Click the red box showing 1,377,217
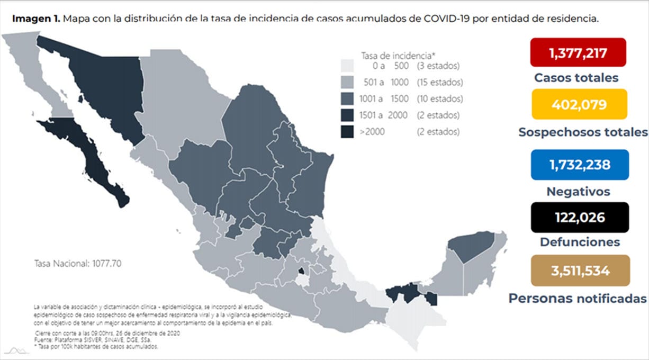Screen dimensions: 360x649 pos(578,52)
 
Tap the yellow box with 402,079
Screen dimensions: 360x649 pos(579,104)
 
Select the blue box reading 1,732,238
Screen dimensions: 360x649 pos(579,165)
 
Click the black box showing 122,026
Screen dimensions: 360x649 pos(579,217)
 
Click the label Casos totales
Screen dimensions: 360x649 pos(576,78)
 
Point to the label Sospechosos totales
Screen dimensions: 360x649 pos(583,132)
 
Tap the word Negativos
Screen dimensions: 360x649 pos(578,192)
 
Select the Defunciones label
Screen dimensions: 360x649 pos(580,242)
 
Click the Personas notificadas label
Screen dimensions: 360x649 pos(578,298)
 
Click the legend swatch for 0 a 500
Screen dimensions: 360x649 pos(347,66)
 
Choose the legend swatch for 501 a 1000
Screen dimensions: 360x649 pos(347,83)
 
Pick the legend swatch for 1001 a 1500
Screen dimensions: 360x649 pos(347,99)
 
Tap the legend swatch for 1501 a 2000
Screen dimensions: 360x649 pos(347,115)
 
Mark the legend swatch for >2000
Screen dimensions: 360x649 pos(347,132)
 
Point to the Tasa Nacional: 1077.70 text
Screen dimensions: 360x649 pos(78,263)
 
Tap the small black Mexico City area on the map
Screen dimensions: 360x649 pos(301,272)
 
